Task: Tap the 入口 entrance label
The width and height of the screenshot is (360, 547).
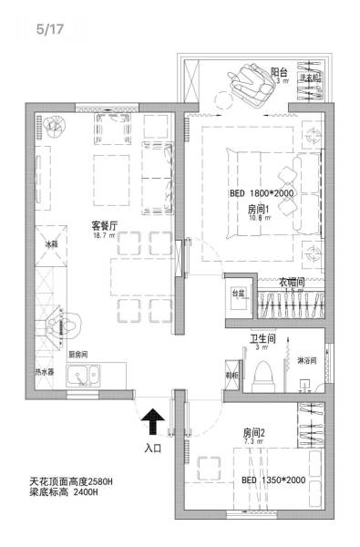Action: click(x=153, y=449)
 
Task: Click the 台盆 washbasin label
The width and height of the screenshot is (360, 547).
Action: click(x=239, y=294)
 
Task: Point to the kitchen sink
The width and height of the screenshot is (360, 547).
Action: click(x=89, y=374)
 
